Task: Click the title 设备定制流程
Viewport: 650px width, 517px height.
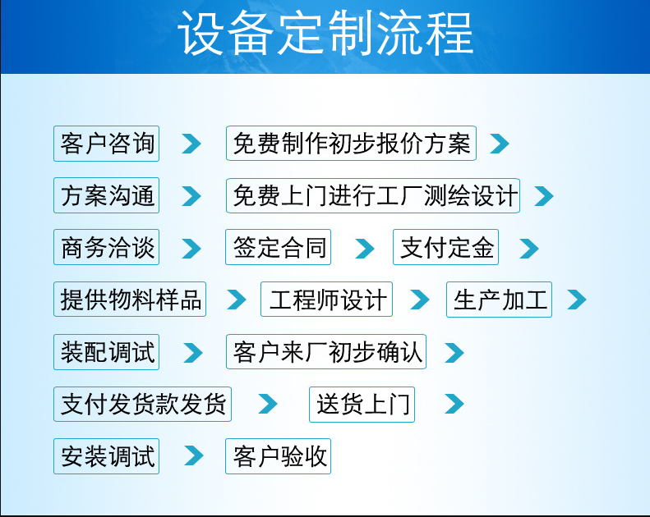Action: coord(326,34)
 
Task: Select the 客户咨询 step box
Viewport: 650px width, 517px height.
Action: coord(106,144)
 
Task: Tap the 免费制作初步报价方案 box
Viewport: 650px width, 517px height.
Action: coord(351,144)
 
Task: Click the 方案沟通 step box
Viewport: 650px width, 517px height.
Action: coord(106,196)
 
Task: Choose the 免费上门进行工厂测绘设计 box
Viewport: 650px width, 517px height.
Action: coord(373,196)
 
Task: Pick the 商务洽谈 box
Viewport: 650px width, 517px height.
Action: coord(106,248)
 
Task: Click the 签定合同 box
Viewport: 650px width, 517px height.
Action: coord(279,248)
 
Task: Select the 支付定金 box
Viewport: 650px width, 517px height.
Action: coord(446,248)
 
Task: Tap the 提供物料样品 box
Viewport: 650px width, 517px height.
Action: coord(130,300)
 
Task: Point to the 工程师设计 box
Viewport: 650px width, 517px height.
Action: coord(326,300)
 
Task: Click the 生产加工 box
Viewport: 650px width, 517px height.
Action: coord(499,300)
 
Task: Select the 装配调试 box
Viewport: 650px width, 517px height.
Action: coord(106,353)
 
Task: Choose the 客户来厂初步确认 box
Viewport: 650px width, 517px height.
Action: coord(326,353)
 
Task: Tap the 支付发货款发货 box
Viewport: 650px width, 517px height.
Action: coord(142,405)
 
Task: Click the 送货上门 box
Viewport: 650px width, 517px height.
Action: coord(362,405)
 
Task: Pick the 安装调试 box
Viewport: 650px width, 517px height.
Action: coord(106,456)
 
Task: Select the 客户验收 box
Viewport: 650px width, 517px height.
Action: coord(279,456)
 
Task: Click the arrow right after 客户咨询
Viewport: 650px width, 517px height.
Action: coord(191,144)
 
